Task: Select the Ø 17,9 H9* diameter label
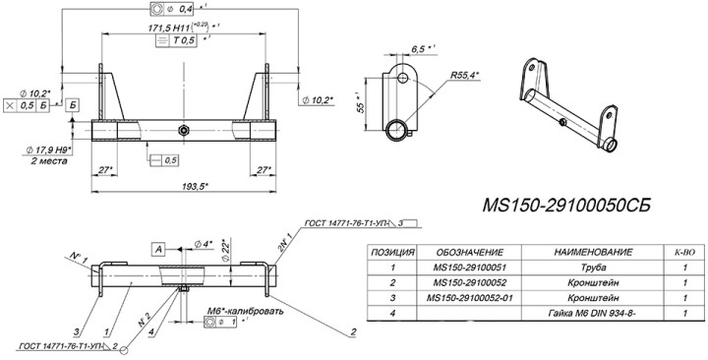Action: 50,149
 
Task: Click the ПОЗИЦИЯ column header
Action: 391,252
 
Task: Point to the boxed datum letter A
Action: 157,250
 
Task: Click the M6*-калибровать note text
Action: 245,311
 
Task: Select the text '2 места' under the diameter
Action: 48,160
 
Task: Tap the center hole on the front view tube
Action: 183,130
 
